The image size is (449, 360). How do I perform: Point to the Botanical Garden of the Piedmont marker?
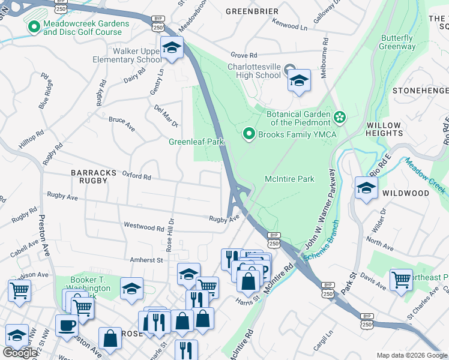coord(340,116)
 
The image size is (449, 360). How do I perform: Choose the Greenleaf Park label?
coord(196,142)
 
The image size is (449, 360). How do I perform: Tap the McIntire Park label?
coord(290,179)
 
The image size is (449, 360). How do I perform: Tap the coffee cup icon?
coord(67,325)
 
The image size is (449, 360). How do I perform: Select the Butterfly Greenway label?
coord(397,42)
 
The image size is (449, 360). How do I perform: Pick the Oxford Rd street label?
coord(136,176)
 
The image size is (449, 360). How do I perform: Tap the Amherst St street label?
coord(147,260)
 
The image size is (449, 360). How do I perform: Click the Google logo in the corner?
coord(20,353)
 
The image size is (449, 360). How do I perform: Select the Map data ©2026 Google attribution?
coord(412,355)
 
